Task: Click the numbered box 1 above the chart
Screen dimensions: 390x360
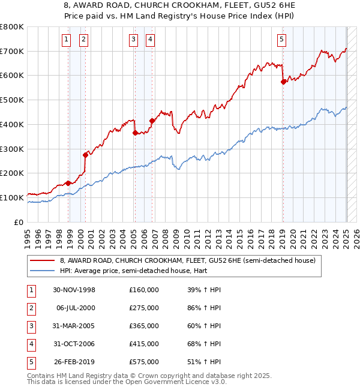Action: tap(65, 40)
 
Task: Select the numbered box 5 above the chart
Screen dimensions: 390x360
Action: tap(281, 40)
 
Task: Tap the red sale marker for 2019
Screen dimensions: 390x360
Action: tap(283, 82)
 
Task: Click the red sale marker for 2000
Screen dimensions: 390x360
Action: tap(85, 155)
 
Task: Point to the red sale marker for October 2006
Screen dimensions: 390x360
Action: tap(152, 121)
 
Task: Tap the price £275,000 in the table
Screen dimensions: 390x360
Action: tap(144, 308)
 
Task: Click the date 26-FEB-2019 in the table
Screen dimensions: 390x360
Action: tap(74, 362)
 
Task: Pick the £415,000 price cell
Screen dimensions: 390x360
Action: tap(144, 344)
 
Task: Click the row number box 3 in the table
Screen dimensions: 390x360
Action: tap(30, 326)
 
